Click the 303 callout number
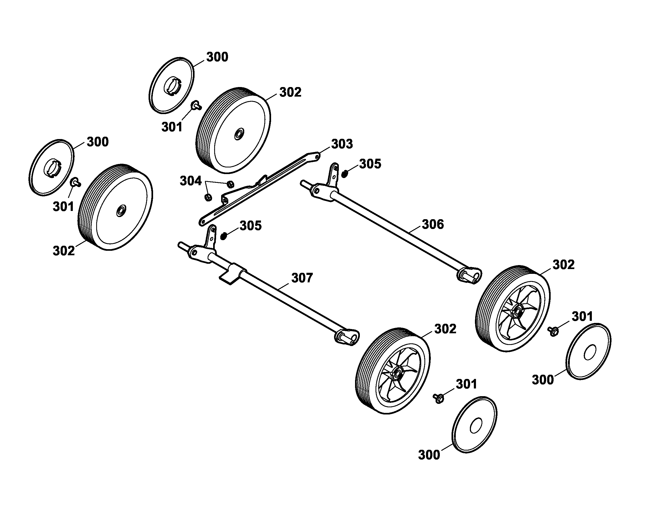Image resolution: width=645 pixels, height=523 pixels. pos(342,144)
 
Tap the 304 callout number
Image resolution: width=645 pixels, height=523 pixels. pos(190,181)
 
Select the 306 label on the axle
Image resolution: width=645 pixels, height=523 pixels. pos(433,224)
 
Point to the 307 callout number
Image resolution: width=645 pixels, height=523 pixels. pos(302,278)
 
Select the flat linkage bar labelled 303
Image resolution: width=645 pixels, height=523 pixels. pos(259,188)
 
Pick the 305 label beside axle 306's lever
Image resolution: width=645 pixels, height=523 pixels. pos(370,164)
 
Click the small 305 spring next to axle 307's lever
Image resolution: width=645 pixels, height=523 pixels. pos(224,236)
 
